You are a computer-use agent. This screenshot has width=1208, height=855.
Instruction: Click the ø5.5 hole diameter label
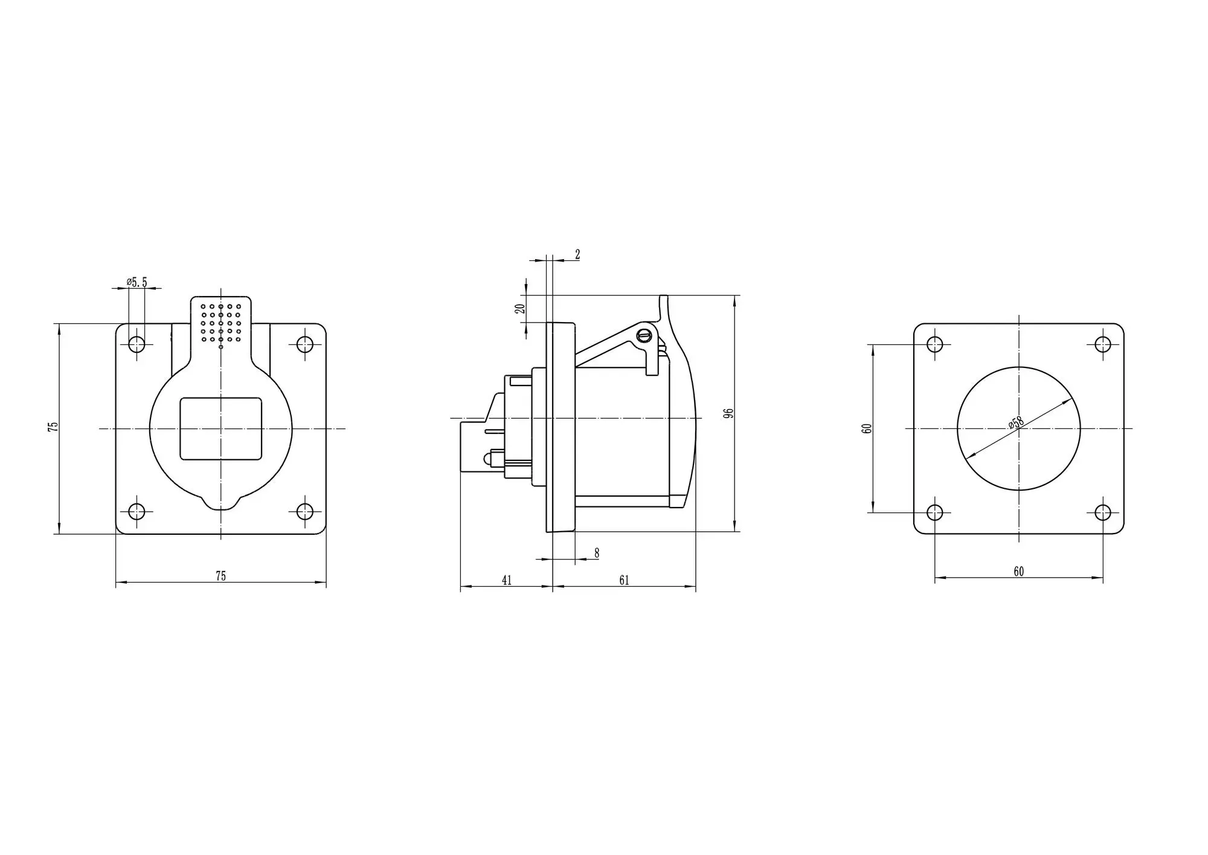tap(137, 282)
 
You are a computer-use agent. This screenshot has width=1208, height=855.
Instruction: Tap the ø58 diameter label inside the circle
tap(1016, 422)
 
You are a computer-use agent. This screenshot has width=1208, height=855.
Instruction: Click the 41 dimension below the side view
tap(507, 580)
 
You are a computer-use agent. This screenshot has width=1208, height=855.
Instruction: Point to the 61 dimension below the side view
tap(624, 580)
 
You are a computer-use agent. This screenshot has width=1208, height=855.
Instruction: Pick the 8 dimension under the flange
tap(597, 553)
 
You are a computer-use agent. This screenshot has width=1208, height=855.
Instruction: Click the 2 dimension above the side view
tap(577, 254)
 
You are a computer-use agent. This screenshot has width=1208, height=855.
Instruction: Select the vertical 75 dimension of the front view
tap(53, 425)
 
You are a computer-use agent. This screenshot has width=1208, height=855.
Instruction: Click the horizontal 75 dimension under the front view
tap(221, 576)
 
